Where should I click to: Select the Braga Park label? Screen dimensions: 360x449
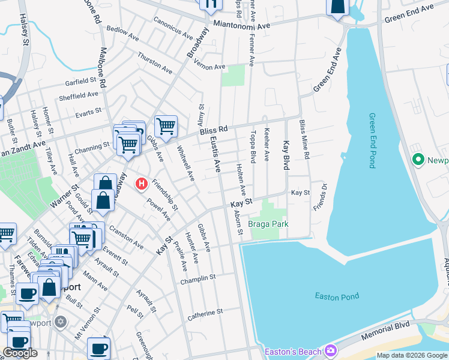tap(269, 224)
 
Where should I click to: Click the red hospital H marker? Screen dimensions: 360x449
tap(142, 184)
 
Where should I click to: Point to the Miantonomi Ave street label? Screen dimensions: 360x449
tap(243, 25)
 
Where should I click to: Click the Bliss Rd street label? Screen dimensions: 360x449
tap(214, 130)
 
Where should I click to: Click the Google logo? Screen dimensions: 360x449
tap(20, 353)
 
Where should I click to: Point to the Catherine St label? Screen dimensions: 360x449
tap(205, 312)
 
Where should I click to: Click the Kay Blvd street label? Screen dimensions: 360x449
tap(286, 155)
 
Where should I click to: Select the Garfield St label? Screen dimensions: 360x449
tap(82, 80)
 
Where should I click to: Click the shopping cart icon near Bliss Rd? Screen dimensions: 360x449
tap(166, 126)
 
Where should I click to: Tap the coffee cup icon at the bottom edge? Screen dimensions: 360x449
tap(98, 348)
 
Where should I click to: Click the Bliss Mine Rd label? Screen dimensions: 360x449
tap(306, 140)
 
